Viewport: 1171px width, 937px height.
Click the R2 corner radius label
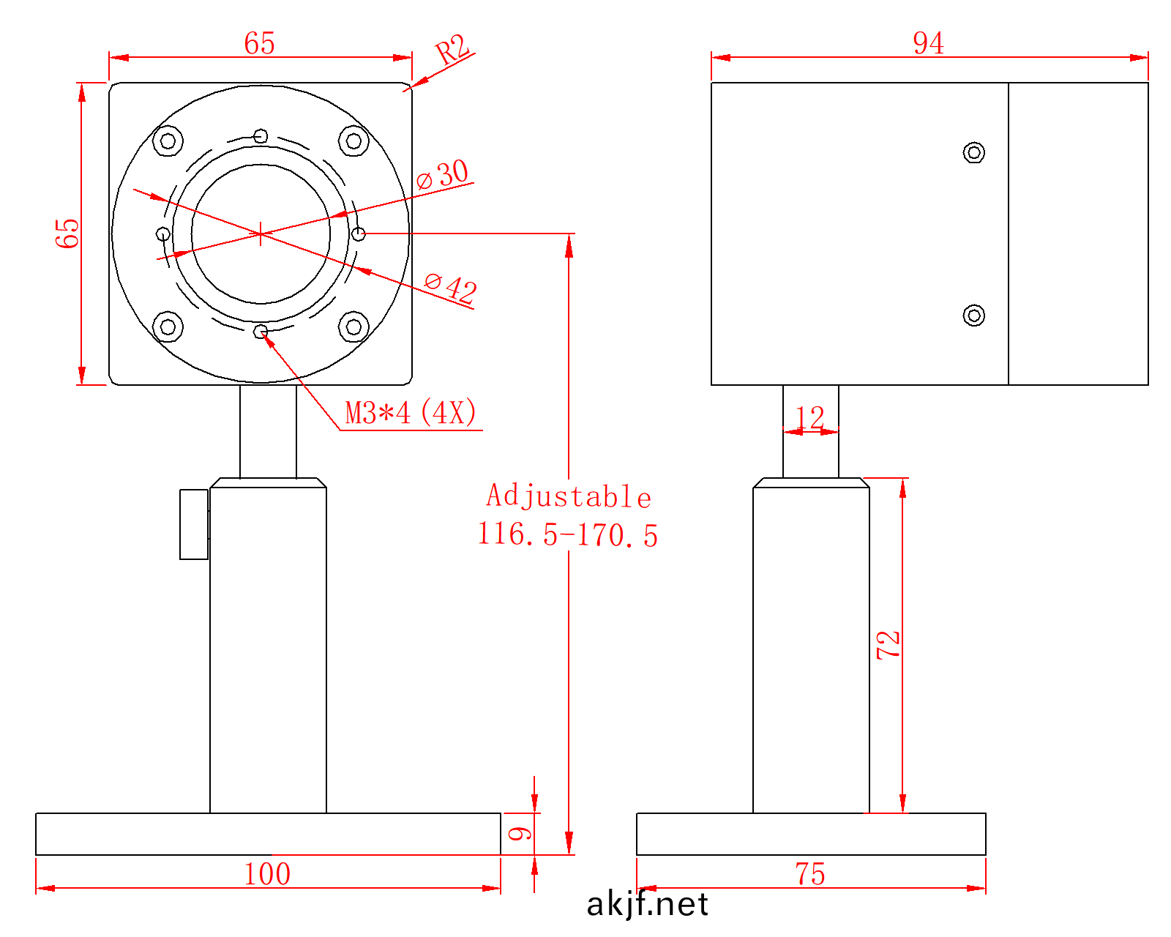click(x=452, y=51)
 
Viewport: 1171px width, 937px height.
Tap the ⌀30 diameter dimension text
click(x=444, y=174)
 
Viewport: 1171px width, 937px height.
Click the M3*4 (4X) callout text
click(x=411, y=413)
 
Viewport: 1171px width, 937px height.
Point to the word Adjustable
click(x=569, y=496)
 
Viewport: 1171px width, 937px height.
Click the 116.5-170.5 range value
click(x=568, y=534)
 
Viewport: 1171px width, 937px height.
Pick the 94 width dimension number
click(x=928, y=43)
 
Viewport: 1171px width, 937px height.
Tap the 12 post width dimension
click(x=809, y=418)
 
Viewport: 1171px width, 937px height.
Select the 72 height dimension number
click(x=888, y=645)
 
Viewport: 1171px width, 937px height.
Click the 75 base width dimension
click(x=810, y=874)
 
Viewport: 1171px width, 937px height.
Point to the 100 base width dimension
click(x=267, y=874)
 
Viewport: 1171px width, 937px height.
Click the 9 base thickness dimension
click(x=520, y=833)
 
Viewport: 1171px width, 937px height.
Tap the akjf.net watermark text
click(x=647, y=905)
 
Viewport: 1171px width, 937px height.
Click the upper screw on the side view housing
click(x=973, y=152)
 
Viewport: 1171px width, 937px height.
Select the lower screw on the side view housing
click(x=973, y=316)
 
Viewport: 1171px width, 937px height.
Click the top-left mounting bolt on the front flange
click(x=168, y=141)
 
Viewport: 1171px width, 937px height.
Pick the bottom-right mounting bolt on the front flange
click(x=353, y=326)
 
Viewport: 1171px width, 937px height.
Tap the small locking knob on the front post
click(x=194, y=524)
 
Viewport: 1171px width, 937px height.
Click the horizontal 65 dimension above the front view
click(x=260, y=43)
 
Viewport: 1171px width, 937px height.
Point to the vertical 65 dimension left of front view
click(x=67, y=233)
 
